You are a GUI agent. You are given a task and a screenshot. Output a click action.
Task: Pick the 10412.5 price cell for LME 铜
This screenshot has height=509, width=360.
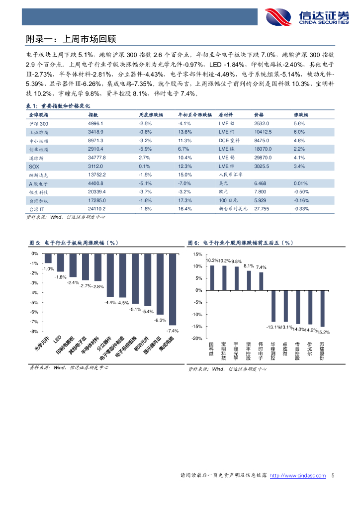(263, 132)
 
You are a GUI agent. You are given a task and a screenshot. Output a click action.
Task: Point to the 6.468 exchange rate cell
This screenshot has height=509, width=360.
(260, 183)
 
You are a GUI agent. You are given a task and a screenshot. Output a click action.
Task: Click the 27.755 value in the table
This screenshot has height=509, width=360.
(262, 209)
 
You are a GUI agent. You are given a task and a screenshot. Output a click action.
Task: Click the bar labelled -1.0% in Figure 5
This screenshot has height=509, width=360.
(48, 258)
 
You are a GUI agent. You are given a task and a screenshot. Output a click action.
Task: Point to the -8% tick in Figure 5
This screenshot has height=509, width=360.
(34, 331)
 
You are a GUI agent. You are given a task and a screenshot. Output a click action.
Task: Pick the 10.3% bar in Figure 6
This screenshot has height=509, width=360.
(212, 278)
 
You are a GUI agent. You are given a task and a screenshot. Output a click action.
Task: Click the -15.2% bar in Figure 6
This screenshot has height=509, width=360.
(322, 308)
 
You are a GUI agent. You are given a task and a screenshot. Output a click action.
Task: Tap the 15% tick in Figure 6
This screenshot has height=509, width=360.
(197, 254)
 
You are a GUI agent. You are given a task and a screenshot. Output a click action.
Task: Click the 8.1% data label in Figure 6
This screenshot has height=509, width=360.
(249, 266)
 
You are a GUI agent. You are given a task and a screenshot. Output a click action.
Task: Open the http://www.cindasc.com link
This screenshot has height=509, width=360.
(298, 476)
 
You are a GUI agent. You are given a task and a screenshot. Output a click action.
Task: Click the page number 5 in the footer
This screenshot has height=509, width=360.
(333, 476)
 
